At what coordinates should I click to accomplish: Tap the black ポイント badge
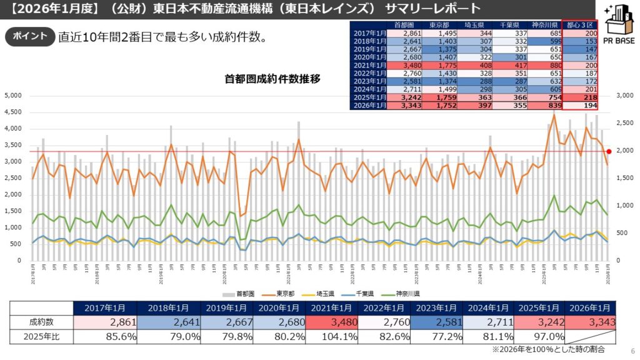coord(29,36)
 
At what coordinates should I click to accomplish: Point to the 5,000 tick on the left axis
coord(13,96)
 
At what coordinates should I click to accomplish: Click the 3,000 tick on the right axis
coord(625,96)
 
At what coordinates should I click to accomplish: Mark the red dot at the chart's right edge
coord(609,151)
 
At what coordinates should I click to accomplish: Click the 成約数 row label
coord(41,322)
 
